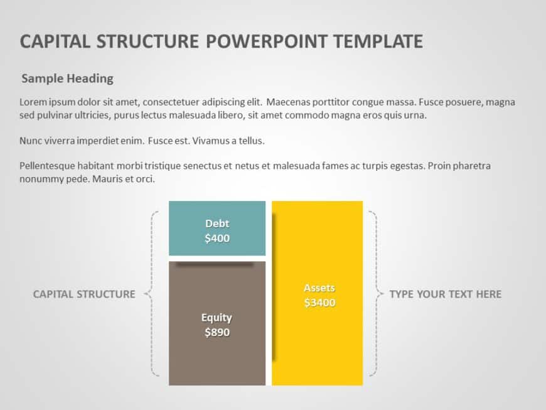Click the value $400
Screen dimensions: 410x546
pyautogui.click(x=217, y=239)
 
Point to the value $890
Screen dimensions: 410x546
pyautogui.click(x=217, y=333)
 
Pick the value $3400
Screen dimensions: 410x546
pyautogui.click(x=319, y=303)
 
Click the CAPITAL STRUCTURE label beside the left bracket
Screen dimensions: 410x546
pyautogui.click(x=84, y=294)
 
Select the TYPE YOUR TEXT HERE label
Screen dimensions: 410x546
pyautogui.click(x=445, y=294)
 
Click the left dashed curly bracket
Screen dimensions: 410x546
pyautogui.click(x=151, y=294)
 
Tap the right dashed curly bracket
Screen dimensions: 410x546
pyautogui.click(x=375, y=294)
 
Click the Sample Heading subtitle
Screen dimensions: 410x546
pyautogui.click(x=67, y=78)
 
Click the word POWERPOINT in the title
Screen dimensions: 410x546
pyautogui.click(x=267, y=42)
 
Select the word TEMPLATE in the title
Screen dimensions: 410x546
pyautogui.click(x=378, y=42)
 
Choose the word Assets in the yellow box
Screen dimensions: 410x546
pyautogui.click(x=319, y=288)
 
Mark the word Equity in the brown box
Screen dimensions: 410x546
pyautogui.click(x=217, y=318)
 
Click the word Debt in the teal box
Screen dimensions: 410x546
pyautogui.click(x=217, y=224)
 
